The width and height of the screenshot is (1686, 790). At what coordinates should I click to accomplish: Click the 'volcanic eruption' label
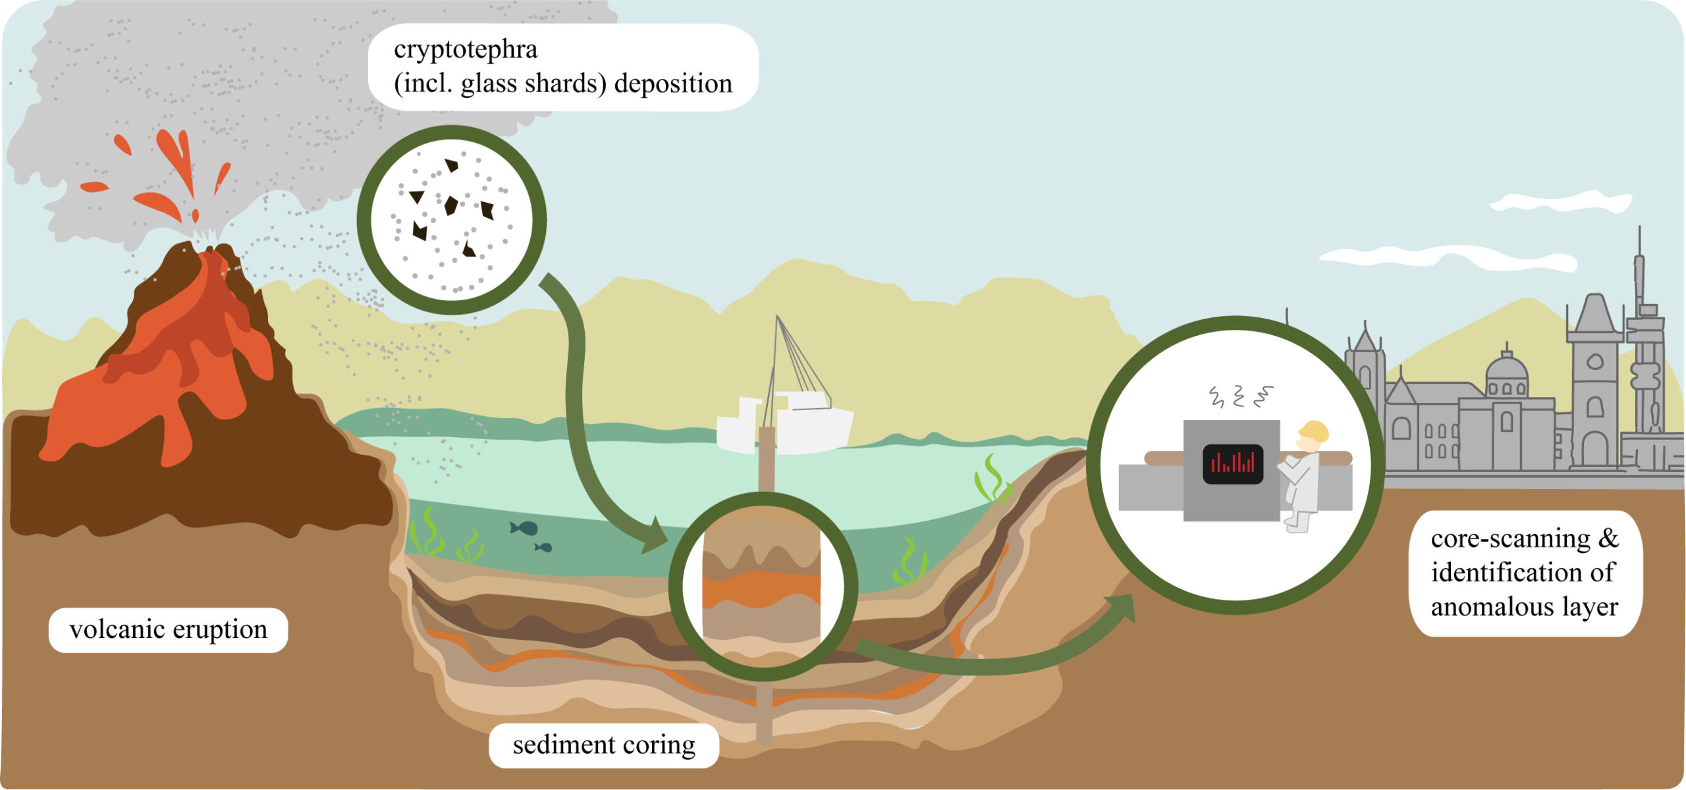[169, 630]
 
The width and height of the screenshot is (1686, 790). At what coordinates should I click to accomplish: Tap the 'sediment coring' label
[604, 745]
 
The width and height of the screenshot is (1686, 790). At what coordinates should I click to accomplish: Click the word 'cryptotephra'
[466, 49]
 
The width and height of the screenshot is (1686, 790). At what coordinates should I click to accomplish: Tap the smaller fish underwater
[544, 547]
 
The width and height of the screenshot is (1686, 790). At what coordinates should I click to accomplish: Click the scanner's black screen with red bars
[1233, 464]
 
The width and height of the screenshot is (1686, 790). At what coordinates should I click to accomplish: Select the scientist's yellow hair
[1314, 432]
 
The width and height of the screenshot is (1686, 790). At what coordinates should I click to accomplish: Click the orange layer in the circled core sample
[761, 589]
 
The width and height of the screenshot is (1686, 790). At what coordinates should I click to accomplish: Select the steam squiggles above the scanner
[1241, 396]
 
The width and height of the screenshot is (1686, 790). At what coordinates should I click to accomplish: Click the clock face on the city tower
[1595, 361]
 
